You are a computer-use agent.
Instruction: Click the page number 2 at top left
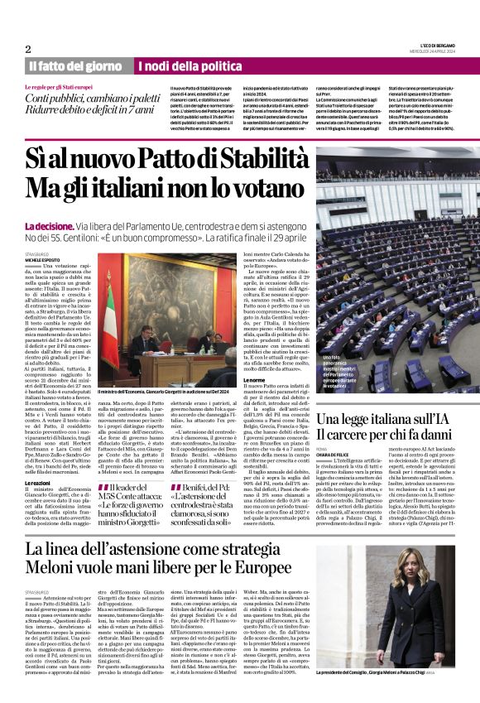click(x=28, y=50)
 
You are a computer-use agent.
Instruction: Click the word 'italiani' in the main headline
click(x=152, y=190)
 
